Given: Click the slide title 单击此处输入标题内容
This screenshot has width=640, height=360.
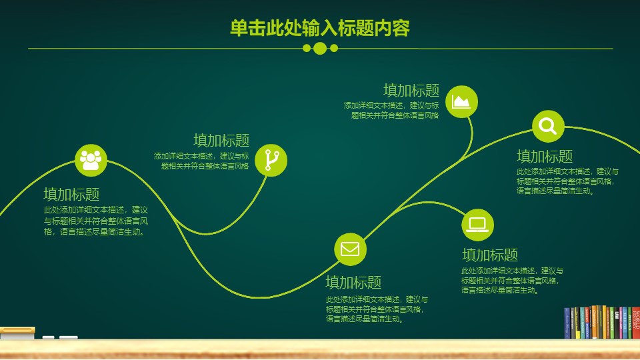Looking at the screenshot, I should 319,28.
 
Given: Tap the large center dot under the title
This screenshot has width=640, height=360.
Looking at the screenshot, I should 320,48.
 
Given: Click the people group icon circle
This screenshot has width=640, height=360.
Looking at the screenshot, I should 91,159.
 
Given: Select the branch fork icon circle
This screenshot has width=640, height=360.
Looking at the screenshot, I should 271,160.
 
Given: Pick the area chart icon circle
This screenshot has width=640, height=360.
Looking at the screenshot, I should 462,101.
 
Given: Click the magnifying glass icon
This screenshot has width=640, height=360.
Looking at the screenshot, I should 548,126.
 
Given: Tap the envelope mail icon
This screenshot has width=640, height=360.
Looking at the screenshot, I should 350,249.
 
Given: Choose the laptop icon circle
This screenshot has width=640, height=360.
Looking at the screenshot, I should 478,225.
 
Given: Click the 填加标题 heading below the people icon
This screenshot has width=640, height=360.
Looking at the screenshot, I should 71,194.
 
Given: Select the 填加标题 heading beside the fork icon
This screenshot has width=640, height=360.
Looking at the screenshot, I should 221,140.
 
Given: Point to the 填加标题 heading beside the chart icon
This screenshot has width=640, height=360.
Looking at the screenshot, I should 411,90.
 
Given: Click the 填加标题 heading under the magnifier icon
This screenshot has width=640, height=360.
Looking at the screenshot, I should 545,156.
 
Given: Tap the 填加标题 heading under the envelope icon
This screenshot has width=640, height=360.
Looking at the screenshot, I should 353,281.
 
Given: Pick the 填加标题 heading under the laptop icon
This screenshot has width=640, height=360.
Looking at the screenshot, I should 490,255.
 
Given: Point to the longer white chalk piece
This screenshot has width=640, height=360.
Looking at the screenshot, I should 68,337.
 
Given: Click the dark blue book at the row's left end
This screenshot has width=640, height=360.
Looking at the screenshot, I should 567,323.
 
